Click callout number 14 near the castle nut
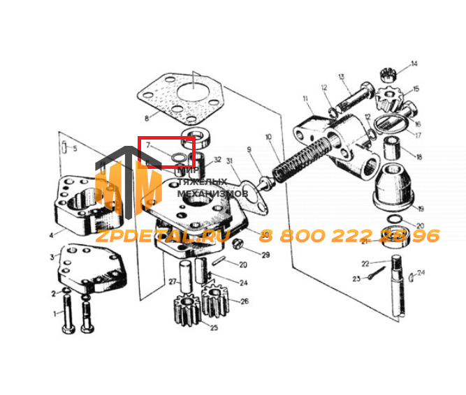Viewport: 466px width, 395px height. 414,64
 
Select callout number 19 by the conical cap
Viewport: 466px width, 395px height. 421,209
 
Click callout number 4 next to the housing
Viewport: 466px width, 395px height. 51,235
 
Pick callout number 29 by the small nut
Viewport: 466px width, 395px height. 265,255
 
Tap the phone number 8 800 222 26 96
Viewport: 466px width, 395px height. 349,236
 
